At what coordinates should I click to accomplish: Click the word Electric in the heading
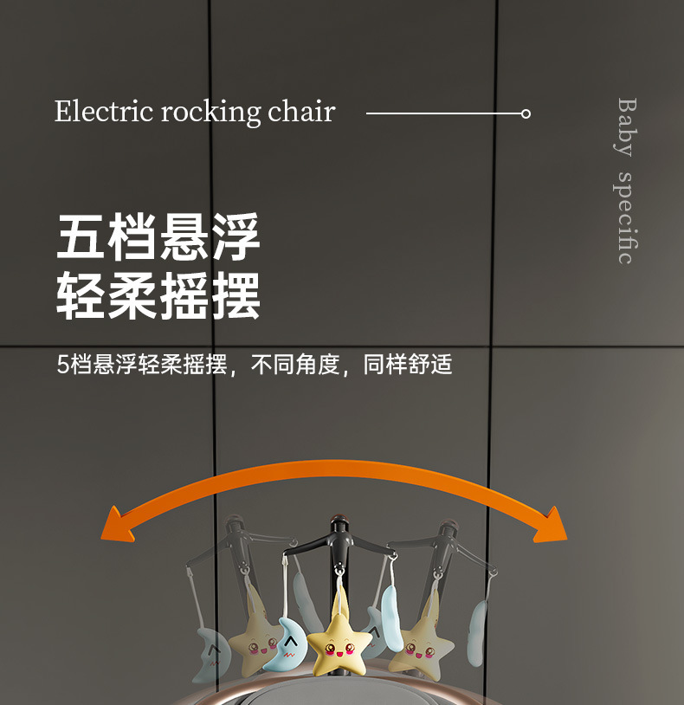104,113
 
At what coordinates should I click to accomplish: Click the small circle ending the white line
526,113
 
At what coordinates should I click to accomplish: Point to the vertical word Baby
626,126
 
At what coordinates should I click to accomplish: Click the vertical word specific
626,217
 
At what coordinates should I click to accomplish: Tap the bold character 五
81,236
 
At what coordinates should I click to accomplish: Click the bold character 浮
235,236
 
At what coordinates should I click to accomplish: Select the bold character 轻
81,295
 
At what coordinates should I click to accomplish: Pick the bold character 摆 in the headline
235,295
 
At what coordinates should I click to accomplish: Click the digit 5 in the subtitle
62,365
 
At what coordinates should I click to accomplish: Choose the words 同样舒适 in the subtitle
408,365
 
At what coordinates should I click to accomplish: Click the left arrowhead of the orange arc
116,525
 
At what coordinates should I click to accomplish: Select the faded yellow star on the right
421,644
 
